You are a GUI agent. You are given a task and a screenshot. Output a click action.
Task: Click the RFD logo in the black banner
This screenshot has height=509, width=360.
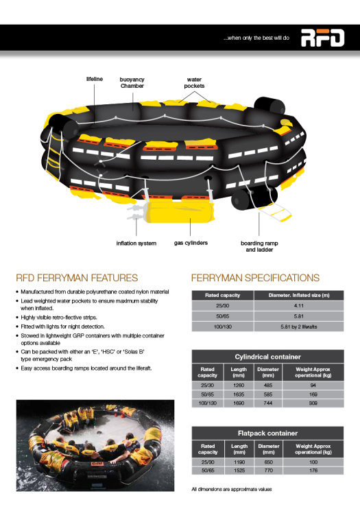tap(323, 38)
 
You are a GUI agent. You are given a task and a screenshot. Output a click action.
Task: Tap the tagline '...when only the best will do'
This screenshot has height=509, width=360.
tap(256, 38)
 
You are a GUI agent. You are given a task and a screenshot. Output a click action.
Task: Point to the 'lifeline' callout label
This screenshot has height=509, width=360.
tap(95, 79)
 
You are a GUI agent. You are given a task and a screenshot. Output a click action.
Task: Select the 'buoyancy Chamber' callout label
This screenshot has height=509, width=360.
tap(132, 82)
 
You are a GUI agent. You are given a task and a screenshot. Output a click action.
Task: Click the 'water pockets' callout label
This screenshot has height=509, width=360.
tap(194, 82)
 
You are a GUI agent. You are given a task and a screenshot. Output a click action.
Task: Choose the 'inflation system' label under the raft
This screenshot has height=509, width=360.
tap(136, 243)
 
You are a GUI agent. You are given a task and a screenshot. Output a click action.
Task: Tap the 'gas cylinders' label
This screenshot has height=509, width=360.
tap(191, 243)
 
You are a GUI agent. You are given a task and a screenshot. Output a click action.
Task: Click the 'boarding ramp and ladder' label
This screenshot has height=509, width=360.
tap(259, 246)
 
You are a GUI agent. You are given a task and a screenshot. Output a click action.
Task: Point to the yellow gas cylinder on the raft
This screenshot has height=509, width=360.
tap(180, 212)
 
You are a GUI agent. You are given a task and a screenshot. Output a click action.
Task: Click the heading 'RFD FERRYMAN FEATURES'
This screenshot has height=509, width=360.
tap(77, 278)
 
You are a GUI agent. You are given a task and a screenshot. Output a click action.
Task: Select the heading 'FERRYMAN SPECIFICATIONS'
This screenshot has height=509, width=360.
tap(256, 278)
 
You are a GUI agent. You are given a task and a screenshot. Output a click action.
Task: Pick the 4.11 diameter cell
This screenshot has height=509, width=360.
tap(299, 305)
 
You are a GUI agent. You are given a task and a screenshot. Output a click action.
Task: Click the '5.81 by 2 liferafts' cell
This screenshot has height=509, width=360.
tap(299, 327)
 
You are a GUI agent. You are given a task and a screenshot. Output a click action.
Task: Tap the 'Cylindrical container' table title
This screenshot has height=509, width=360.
tap(268, 357)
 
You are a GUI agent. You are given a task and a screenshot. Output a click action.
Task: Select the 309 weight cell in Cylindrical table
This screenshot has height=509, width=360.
tap(313, 403)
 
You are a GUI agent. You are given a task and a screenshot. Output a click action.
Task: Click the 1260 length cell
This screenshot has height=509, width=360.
tap(239, 386)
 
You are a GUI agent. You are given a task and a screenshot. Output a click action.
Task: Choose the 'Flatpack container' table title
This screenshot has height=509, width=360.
tap(268, 434)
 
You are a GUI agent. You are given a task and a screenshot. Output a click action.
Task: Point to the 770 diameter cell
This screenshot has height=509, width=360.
tap(269, 471)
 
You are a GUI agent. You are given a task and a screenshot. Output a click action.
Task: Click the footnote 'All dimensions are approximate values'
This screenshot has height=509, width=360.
tap(232, 489)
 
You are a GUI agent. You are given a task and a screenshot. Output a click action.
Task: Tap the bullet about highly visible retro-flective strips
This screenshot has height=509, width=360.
tap(59, 318)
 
